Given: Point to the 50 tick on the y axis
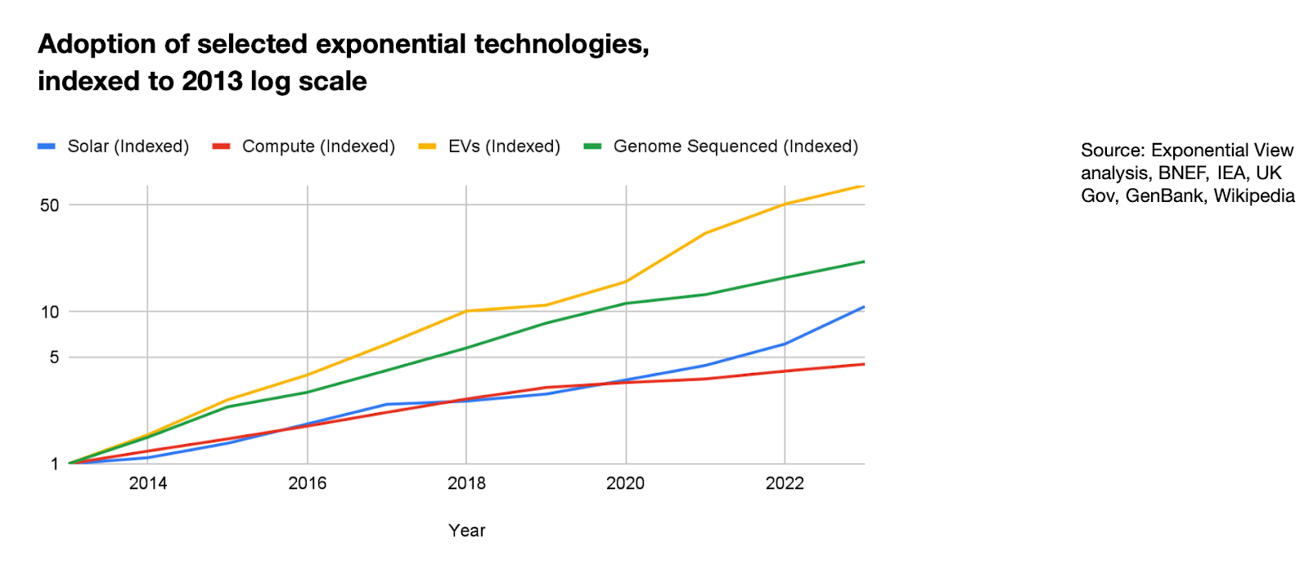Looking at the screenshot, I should (x=50, y=205).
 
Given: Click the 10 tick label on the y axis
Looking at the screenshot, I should (x=50, y=312).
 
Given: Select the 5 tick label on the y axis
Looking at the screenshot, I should (x=55, y=357).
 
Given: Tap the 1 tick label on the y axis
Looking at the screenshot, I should (x=55, y=465).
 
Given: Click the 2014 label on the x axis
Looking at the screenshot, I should (x=148, y=483).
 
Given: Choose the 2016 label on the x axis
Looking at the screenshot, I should (x=308, y=483).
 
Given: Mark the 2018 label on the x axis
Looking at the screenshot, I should (x=466, y=483).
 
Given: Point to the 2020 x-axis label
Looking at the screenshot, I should (x=626, y=483).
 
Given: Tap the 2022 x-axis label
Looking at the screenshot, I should (x=785, y=483).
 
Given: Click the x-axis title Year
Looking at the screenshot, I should (x=466, y=531).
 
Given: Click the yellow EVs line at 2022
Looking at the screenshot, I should (x=785, y=204).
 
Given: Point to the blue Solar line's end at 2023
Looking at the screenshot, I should (x=863, y=307).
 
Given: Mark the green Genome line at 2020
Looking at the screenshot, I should (x=626, y=303).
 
